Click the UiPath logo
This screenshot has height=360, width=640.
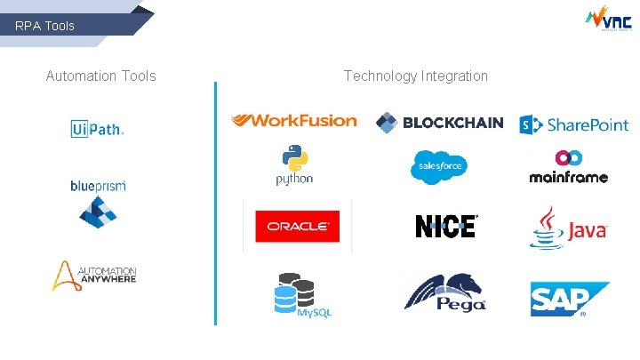coord(98,129)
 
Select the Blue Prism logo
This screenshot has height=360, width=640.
coord(98,203)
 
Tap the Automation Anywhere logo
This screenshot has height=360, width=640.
coord(93,276)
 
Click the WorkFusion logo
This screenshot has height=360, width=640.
coord(293,120)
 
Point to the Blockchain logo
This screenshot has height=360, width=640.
coord(439,123)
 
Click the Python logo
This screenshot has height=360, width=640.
coord(294,165)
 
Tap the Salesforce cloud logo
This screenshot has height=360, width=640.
coord(438,167)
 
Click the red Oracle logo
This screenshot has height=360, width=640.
coord(297,226)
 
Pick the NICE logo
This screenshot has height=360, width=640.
coord(446,227)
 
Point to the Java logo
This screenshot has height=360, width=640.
coord(568,228)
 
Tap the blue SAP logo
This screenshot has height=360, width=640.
coord(570,299)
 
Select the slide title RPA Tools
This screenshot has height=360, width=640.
coord(45,26)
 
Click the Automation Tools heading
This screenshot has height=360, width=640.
coord(100,76)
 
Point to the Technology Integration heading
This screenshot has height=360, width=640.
coord(416,76)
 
